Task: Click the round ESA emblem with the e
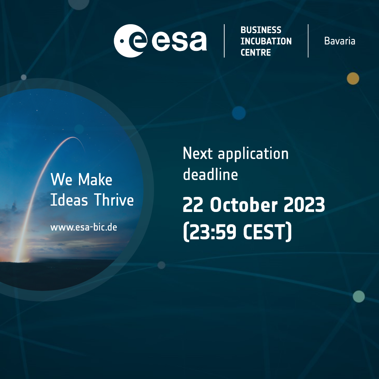pos(131,41)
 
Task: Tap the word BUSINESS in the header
pos(261,30)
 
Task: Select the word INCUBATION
pos(266,41)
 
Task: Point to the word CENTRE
pos(255,52)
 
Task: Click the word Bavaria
pos(340,41)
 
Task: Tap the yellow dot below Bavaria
pos(353,79)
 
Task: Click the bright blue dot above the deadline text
pos(239,113)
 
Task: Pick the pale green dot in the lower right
pos(359,296)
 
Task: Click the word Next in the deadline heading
pos(198,153)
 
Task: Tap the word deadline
pos(210,174)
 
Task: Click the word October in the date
pos(244,205)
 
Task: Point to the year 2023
pos(304,205)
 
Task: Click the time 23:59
pos(212,232)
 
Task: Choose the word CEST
pos(265,232)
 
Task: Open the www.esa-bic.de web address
pos(84,227)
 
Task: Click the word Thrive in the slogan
pos(114,200)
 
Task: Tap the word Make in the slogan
pos(95,179)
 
